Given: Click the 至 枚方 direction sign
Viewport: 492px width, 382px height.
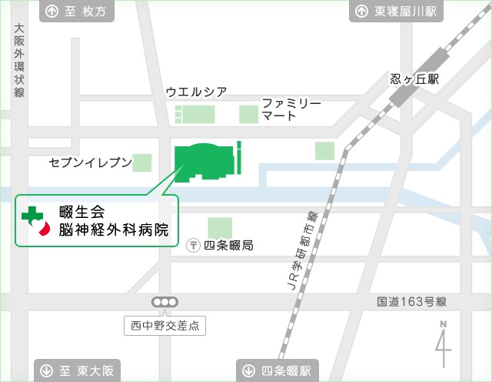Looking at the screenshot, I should coord(78,12).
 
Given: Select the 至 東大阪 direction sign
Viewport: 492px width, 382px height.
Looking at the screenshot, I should coord(78,370).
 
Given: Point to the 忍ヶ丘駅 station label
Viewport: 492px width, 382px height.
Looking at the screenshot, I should coord(414,79).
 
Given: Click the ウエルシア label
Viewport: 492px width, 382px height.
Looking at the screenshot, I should coord(197,92).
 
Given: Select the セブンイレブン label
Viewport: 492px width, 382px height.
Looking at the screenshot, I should coord(90,163).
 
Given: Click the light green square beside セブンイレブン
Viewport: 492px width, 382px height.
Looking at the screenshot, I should coord(142,163).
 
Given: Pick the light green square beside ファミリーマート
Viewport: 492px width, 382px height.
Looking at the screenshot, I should coord(248,115).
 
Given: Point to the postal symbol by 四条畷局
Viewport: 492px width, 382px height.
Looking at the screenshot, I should coord(194,246).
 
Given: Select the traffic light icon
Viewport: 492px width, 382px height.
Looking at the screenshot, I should coord(165,303).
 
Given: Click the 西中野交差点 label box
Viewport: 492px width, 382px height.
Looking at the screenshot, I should coord(165,326).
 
